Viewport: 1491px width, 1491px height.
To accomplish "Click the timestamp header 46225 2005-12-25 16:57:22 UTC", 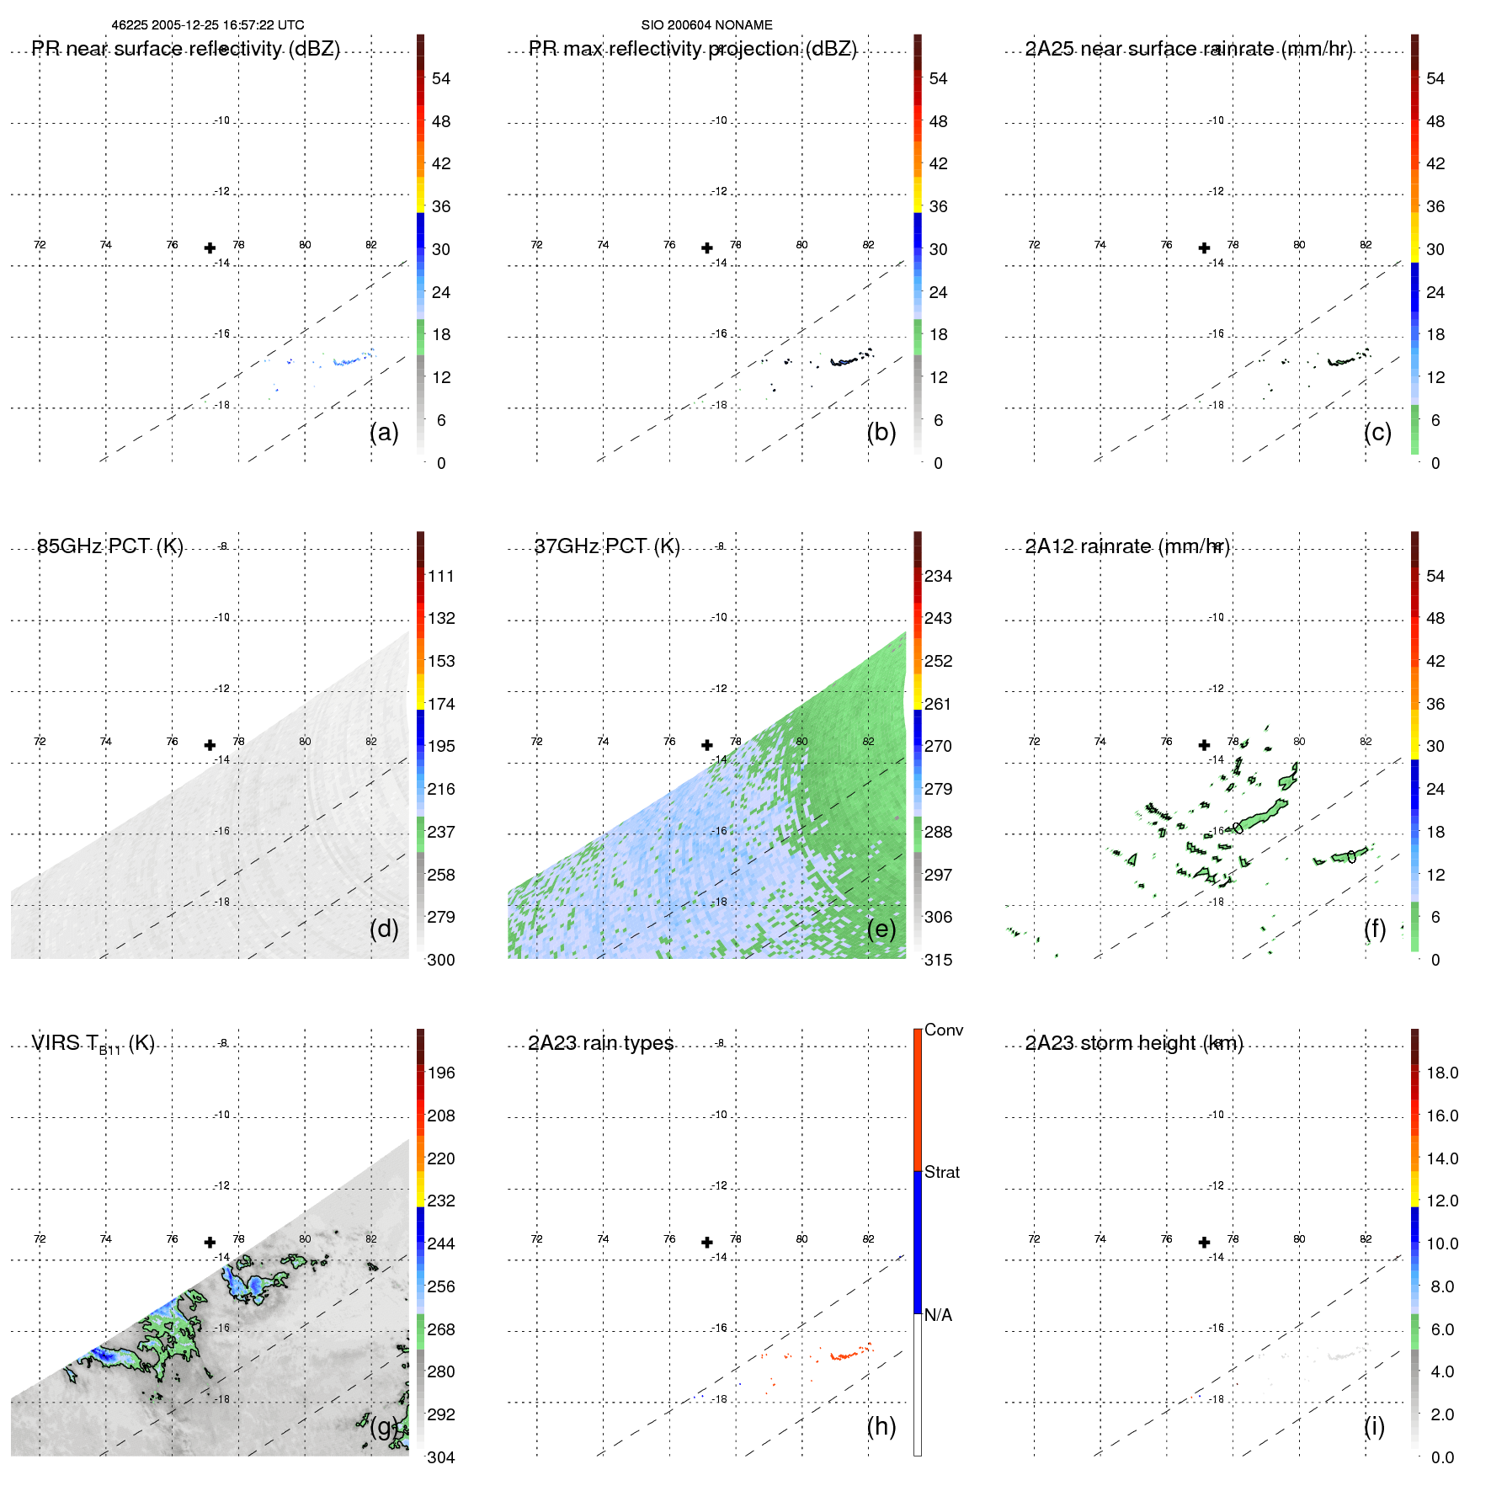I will click(x=208, y=25).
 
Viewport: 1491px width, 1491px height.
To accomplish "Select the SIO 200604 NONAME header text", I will click(x=706, y=25).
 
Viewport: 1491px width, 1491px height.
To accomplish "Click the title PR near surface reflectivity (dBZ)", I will click(x=185, y=49).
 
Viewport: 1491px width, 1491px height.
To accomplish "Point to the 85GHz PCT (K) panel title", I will click(x=109, y=546).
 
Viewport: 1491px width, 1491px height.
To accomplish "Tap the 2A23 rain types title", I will click(x=600, y=1043).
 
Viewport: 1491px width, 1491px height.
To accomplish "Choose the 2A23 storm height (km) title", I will click(x=1133, y=1043).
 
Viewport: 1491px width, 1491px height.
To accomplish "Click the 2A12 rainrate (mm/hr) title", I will click(x=1126, y=546).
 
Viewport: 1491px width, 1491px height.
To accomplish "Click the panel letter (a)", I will click(x=384, y=432).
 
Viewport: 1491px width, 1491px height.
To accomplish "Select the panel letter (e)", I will click(x=881, y=929).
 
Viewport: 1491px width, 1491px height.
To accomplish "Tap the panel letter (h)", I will click(x=881, y=1426).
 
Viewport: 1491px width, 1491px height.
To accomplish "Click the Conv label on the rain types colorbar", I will click(x=943, y=1030).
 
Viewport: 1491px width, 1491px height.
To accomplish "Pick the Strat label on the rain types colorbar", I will click(x=941, y=1172).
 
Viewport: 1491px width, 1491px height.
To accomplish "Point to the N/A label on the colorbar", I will click(x=938, y=1315).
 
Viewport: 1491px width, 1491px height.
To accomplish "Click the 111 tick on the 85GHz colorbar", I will click(x=441, y=576).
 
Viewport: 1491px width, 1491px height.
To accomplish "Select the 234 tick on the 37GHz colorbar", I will click(x=938, y=576).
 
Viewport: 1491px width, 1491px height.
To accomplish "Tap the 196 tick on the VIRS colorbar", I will click(x=441, y=1073).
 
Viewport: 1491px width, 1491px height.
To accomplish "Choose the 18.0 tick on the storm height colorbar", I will click(x=1441, y=1073).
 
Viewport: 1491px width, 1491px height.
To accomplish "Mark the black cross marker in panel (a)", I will click(x=210, y=248).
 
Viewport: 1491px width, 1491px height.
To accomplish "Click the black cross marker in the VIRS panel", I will click(x=210, y=1242).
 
